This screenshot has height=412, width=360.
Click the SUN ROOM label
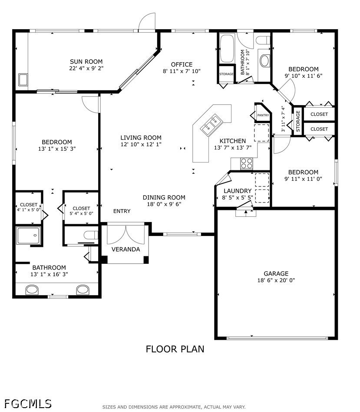pos(86,62)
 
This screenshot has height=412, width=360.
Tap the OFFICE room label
pos(182,65)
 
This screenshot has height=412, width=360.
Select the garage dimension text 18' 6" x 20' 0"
pos(276,280)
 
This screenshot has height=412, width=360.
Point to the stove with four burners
pos(247,163)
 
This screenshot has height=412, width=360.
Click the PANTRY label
pos(263,115)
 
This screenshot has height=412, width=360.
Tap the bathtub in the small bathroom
pos(227,49)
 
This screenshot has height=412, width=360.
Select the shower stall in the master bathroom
pos(29,236)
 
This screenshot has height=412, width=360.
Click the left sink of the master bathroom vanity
pos(32,290)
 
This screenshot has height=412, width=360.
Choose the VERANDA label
pos(126,249)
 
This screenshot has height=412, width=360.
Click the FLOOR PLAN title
pos(175,349)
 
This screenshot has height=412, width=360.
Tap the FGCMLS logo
pos(28,404)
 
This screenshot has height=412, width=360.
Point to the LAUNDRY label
pos(238,191)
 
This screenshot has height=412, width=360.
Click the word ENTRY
pos(122,211)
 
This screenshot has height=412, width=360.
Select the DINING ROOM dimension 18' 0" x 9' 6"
pos(164,204)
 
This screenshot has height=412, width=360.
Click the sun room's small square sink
pos(23,80)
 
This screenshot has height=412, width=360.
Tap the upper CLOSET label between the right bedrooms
pos(319,114)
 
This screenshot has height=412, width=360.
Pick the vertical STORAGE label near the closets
pos(298,121)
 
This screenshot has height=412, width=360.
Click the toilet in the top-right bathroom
pos(263,40)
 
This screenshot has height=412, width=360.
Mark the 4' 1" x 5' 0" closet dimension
pos(29,209)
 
